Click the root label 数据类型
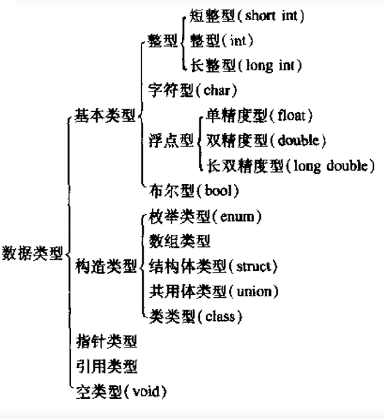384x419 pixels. coord(32,254)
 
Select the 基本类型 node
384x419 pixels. coord(105,115)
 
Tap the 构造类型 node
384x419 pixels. coord(106,266)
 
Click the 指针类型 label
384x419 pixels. coord(107,341)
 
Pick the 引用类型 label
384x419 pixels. coord(107,367)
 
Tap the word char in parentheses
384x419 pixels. coord(217,91)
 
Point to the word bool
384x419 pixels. coord(218,191)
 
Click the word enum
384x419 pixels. coord(237,216)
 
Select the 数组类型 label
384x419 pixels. coord(180,241)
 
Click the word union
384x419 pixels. coord(254,292)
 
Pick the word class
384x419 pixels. coord(220,317)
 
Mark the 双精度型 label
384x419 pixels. coord(237,141)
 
